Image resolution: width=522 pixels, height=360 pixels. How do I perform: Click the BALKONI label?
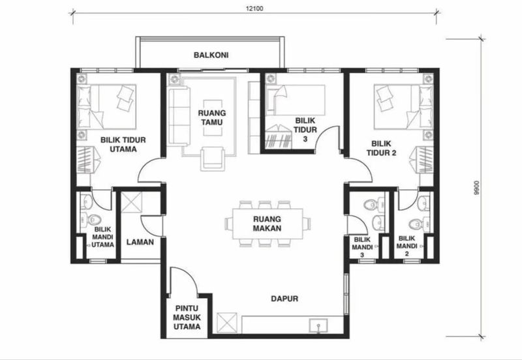[x=209, y=55]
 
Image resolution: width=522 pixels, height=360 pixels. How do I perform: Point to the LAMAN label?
[x=139, y=241]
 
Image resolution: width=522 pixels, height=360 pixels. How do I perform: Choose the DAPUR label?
[x=284, y=299]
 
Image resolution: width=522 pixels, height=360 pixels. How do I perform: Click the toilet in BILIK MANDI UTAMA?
[x=92, y=218]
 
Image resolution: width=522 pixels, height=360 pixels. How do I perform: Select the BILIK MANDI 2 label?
[x=407, y=244]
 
